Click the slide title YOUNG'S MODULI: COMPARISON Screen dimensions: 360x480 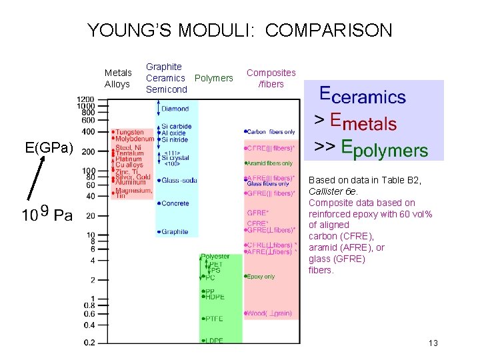pos(240,30)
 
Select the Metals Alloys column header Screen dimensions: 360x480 pos(117,78)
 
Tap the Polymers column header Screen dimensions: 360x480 pos(213,78)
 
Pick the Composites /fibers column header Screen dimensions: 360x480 pos(271,78)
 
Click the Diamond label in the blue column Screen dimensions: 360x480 pos(175,108)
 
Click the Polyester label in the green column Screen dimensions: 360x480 pos(215,256)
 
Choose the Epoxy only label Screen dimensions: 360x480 pos(261,276)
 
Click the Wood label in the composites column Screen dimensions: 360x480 pos(269,313)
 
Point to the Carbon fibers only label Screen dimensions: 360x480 pos(271,132)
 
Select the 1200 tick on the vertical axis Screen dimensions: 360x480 pos(85,99)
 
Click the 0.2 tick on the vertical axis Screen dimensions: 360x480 pos(88,342)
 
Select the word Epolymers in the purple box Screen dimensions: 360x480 pos(384,149)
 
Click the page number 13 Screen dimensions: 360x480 pos(433,343)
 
